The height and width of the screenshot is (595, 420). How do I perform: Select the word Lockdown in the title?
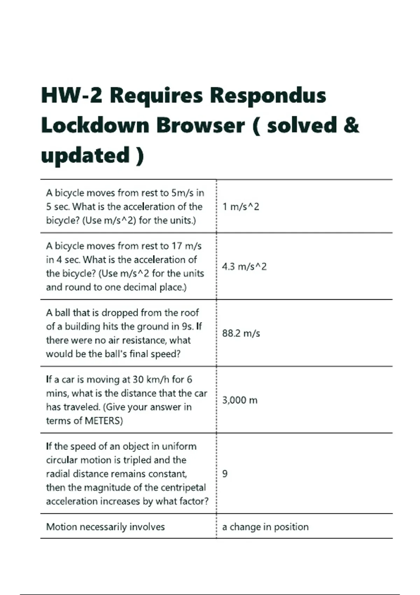[x=95, y=125]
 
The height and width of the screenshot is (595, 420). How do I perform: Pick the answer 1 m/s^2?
[x=241, y=207]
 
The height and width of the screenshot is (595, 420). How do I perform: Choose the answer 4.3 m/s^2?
[x=244, y=267]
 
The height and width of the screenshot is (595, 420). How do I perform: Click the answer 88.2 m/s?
[x=241, y=333]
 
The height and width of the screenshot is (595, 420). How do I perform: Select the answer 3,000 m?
[x=240, y=400]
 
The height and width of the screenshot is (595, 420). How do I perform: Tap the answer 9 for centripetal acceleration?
[x=225, y=474]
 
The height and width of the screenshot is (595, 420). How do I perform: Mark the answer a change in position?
[x=265, y=527]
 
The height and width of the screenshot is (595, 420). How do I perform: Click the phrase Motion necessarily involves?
[x=105, y=527]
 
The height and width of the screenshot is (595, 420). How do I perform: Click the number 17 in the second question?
[x=177, y=246]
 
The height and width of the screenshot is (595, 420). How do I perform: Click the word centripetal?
[x=184, y=488]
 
